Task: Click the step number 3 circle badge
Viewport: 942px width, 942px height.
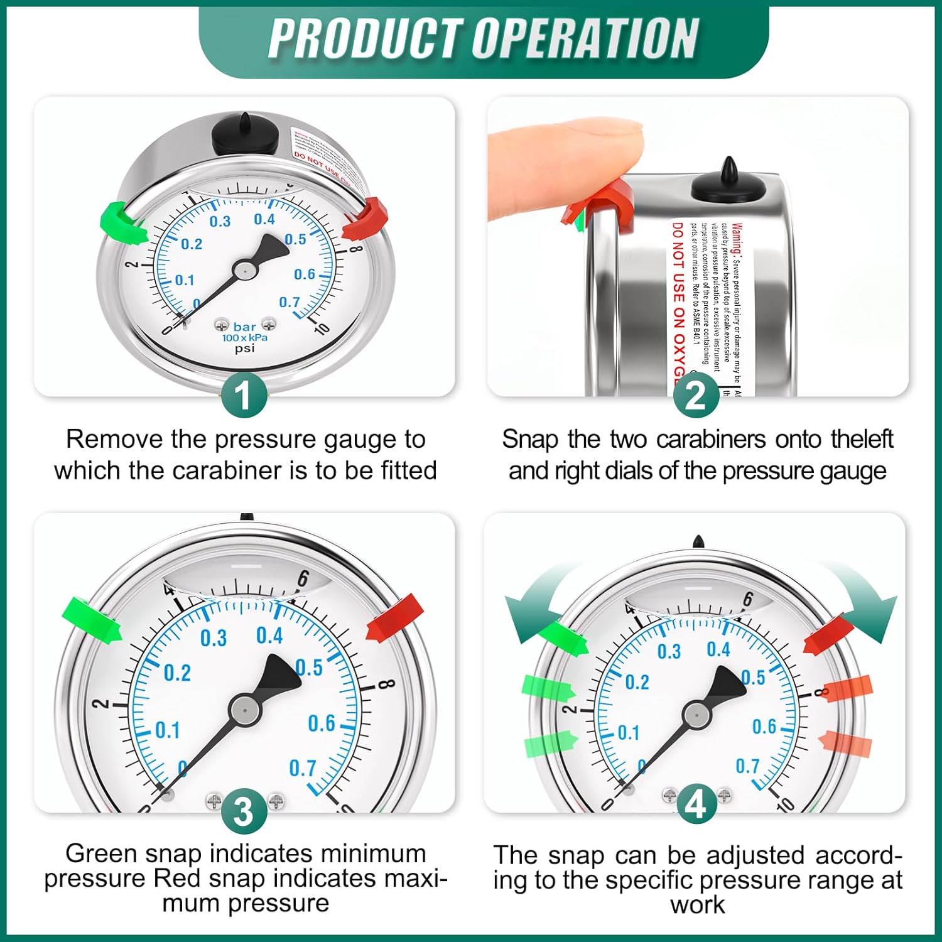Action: coord(244,811)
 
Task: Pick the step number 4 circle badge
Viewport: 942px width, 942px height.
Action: coord(696,804)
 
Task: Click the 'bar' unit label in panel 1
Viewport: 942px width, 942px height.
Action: coord(244,327)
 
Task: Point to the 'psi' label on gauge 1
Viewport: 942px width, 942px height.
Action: coord(244,348)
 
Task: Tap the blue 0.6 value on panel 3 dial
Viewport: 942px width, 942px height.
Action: coord(322,723)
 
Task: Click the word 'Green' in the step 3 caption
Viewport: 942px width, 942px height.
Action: coord(102,853)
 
